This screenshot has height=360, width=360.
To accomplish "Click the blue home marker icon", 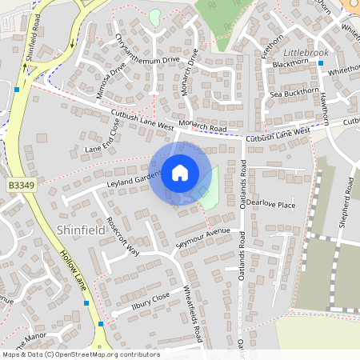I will (x=180, y=173).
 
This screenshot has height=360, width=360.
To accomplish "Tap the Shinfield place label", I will (x=81, y=230).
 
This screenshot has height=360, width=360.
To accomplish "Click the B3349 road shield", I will (x=21, y=185).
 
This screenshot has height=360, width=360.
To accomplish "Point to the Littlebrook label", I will (x=304, y=52).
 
